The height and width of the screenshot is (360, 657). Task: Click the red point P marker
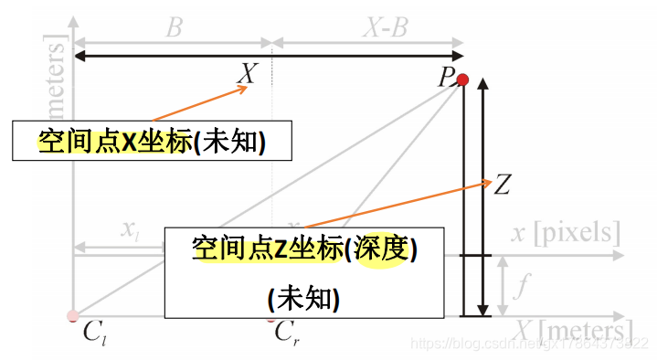tap(462, 80)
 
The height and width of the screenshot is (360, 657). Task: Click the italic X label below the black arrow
tap(247, 74)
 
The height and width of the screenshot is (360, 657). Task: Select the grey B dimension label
tap(173, 27)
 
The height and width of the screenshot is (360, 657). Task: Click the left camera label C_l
tap(94, 332)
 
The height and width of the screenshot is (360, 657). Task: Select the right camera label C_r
tap(286, 332)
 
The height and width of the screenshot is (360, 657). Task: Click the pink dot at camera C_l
tap(72, 316)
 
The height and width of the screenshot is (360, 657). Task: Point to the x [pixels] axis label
tap(566, 232)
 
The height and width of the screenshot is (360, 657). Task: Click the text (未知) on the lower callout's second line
tap(304, 298)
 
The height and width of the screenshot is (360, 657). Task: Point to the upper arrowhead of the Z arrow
tap(484, 85)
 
